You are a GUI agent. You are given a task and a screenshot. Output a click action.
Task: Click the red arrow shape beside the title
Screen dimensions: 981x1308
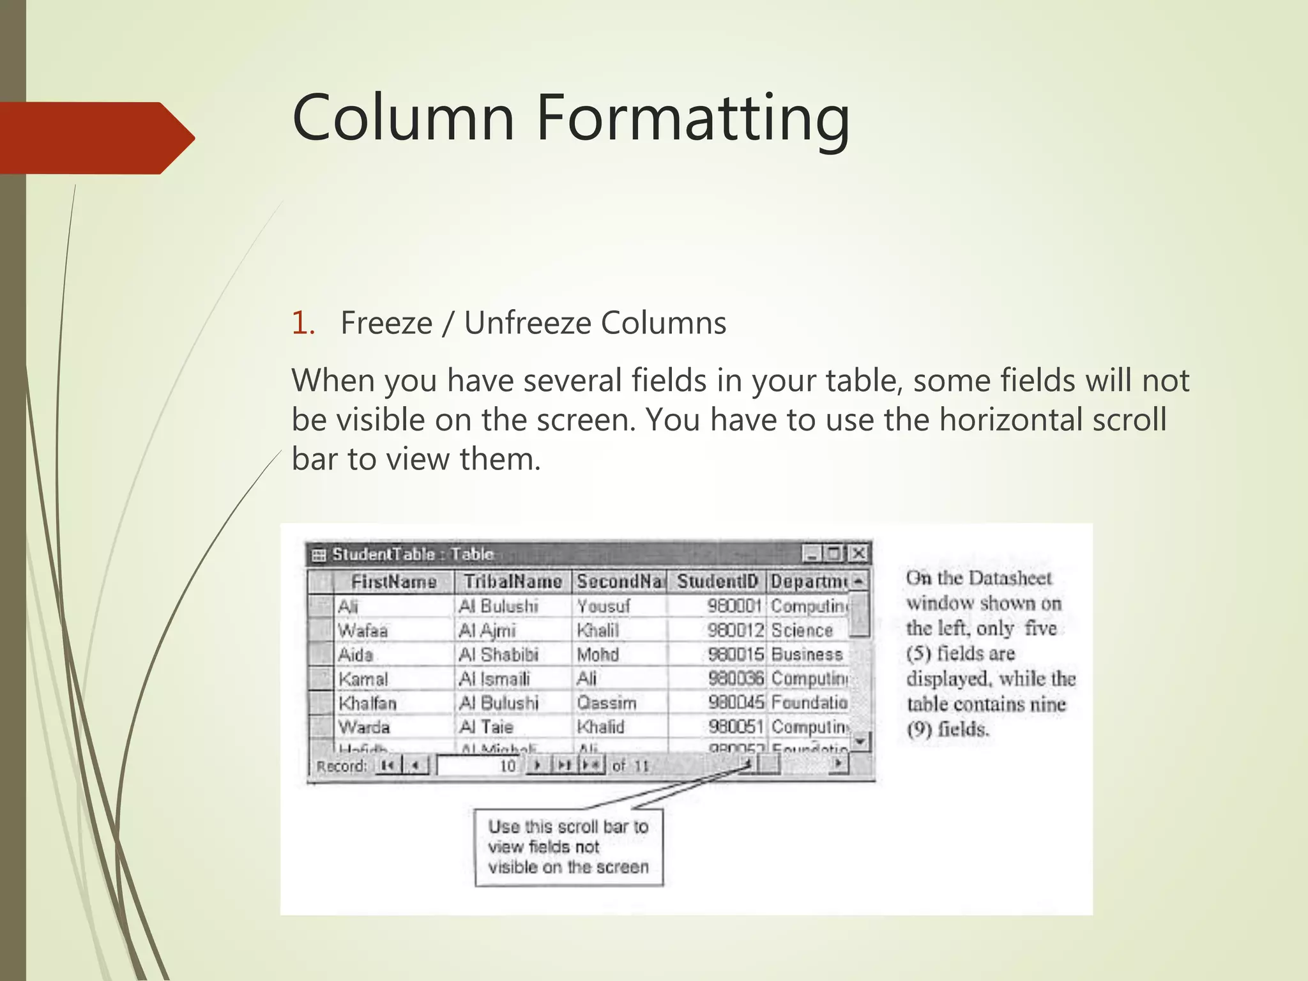pos(96,138)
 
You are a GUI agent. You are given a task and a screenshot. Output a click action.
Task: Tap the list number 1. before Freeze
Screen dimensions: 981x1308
pos(303,323)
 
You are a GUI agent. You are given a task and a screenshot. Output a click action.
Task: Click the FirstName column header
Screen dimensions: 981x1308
pos(393,582)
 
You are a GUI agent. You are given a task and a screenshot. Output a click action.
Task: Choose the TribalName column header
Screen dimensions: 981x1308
pos(512,582)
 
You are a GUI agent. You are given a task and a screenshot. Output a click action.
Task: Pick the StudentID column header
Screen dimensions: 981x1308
pos(717,582)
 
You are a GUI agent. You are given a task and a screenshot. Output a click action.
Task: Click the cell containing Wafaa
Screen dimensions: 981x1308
pos(363,631)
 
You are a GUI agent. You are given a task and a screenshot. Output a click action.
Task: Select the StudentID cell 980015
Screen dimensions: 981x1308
pos(735,655)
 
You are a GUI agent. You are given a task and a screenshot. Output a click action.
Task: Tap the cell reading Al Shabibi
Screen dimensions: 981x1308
pos(498,655)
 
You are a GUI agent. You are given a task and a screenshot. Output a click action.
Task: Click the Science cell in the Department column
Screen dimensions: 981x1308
pos(802,631)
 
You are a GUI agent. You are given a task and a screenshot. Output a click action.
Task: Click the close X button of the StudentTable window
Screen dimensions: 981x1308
pos(860,553)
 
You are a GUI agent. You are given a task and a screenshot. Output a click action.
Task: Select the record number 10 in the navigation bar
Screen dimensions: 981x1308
pos(507,766)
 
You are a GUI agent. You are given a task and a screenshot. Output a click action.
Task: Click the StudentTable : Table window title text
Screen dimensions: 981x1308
pos(413,554)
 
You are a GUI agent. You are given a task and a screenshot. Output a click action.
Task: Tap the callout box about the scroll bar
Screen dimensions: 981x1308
pos(568,847)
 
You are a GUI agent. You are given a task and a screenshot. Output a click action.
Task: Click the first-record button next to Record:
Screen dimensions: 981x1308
pos(387,765)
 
